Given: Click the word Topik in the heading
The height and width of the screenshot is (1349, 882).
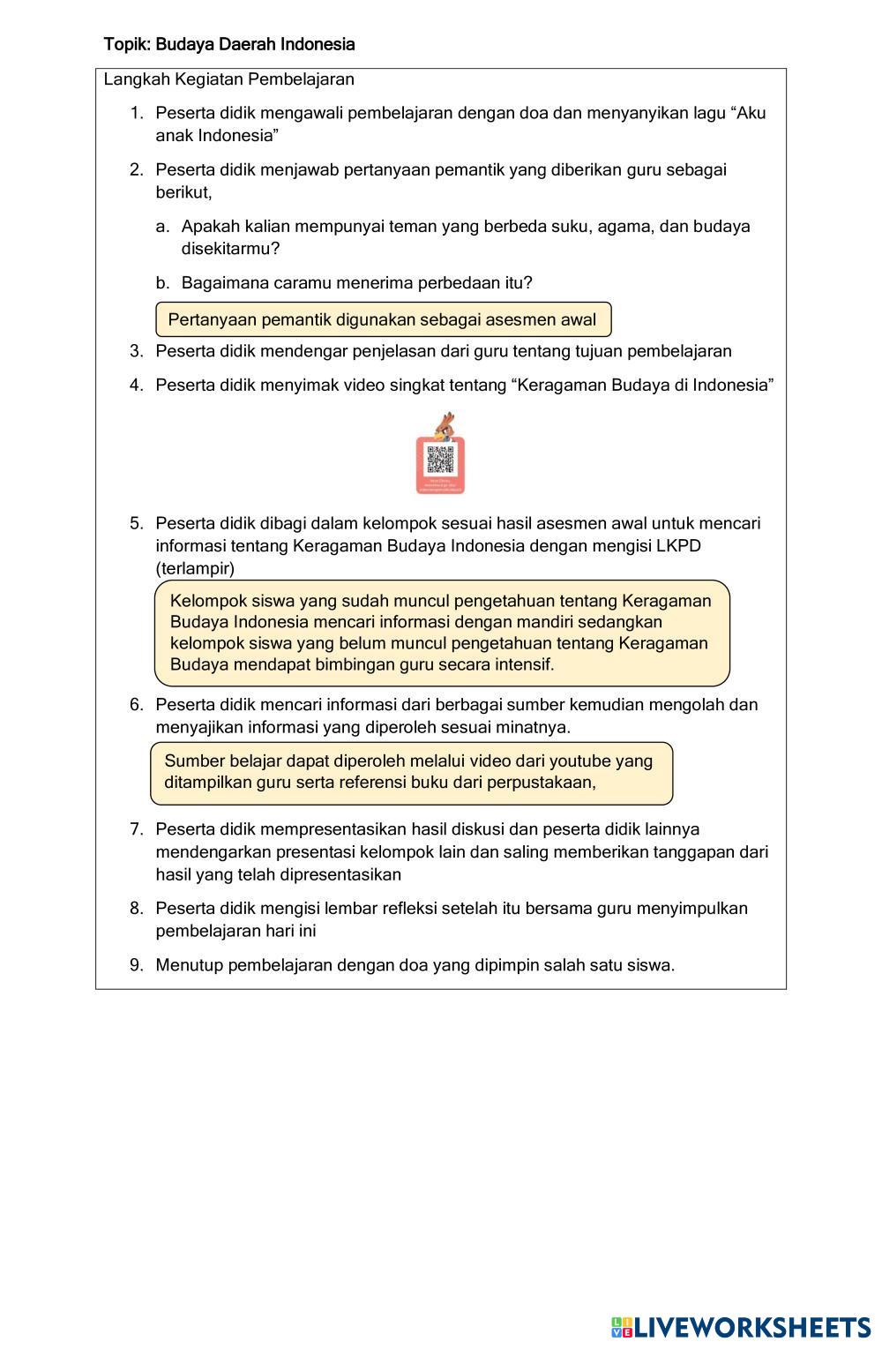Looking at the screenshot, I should [124, 44].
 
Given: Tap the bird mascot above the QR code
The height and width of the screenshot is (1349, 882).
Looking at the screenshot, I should [445, 424].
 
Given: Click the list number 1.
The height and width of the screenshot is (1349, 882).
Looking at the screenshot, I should [136, 113].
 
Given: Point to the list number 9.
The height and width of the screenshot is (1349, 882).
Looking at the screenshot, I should [136, 964].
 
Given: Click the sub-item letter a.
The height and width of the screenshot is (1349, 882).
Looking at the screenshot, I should [161, 227].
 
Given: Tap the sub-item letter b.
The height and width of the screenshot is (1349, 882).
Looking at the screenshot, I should [161, 283].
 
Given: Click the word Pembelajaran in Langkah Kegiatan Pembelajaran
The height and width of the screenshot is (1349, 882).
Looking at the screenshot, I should [301, 79].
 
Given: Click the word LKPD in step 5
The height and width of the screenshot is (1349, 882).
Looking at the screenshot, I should [678, 546].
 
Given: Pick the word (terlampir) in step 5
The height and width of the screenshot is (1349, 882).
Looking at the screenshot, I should [195, 568].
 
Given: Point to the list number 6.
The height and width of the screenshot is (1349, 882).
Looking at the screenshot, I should [136, 705].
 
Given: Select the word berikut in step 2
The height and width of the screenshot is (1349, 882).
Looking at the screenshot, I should [183, 192].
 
